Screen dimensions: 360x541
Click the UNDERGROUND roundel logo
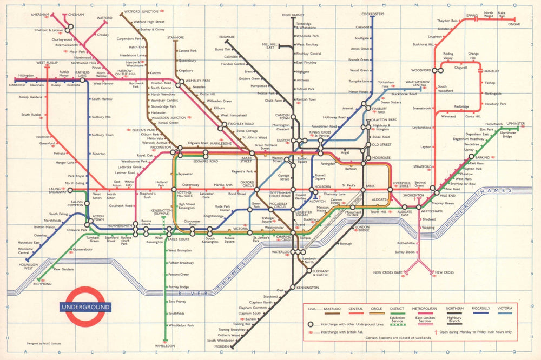[x=85, y=307]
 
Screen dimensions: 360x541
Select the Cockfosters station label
[x=372, y=13]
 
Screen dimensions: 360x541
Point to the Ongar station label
[x=513, y=24]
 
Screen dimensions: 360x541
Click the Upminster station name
[x=516, y=124]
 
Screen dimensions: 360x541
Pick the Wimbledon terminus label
[x=165, y=345]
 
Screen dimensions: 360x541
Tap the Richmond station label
[x=43, y=284]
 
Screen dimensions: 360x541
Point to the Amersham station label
[x=40, y=14]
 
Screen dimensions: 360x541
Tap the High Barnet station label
[x=293, y=15]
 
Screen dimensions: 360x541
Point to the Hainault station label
[x=491, y=70]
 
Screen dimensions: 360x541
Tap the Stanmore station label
[x=175, y=38]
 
